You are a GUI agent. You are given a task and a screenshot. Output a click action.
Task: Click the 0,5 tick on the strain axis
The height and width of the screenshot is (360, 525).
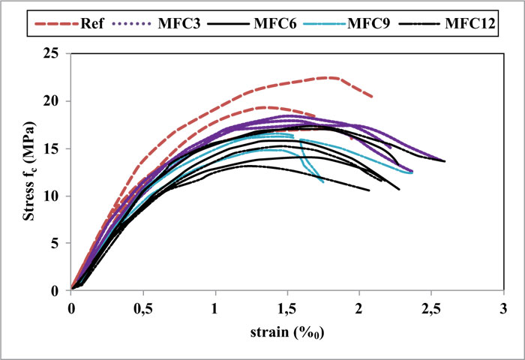pyautogui.click(x=143, y=307)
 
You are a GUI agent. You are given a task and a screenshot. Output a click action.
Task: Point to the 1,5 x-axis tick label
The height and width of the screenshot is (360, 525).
pyautogui.click(x=287, y=307)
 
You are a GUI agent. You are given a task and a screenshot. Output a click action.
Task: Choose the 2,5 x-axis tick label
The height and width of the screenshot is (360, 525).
pyautogui.click(x=431, y=307)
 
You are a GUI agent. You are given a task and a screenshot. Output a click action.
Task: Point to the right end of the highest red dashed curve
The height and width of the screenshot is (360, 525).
pyautogui.click(x=372, y=97)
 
